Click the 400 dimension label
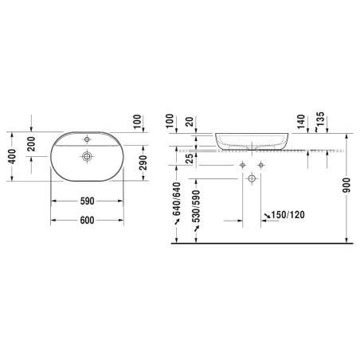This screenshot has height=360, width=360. point(12,156)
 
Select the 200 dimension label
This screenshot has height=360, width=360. point(31,143)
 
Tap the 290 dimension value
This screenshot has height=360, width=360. point(143,162)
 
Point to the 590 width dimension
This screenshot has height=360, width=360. point(88,201)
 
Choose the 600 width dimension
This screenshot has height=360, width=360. point(88,220)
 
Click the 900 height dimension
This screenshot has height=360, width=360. point(346,186)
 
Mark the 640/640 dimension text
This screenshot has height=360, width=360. point(176,199)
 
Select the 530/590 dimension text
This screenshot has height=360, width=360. point(196,206)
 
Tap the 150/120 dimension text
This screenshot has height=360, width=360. point(288,214)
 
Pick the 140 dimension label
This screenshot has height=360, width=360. point(301,122)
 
